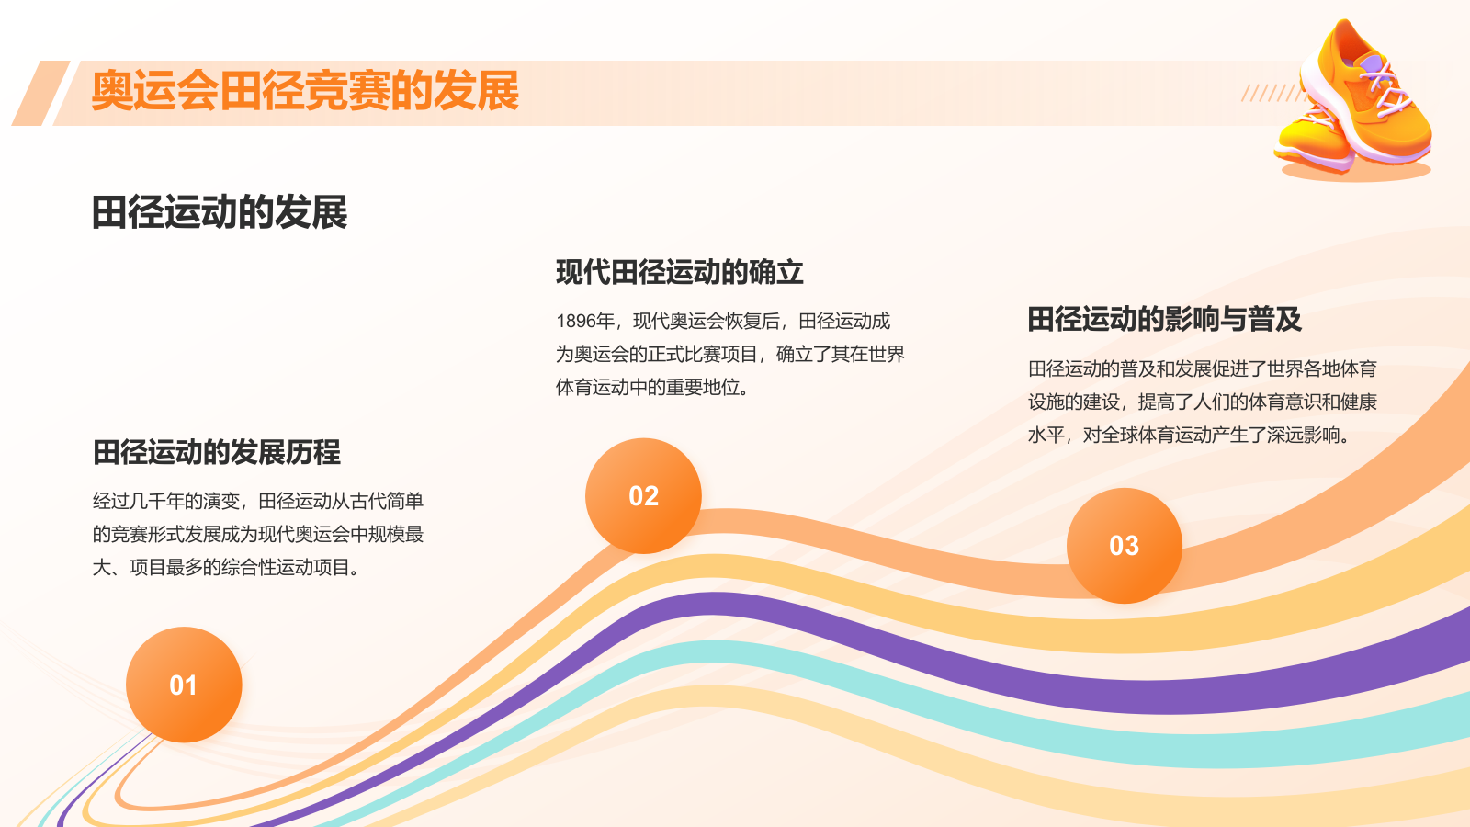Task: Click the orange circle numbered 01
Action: (x=184, y=685)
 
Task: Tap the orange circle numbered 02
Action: (x=643, y=495)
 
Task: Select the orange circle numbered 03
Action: (x=1125, y=546)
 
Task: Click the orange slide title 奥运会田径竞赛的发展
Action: (x=305, y=91)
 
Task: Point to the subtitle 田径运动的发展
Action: (x=220, y=212)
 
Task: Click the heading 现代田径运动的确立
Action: (x=679, y=272)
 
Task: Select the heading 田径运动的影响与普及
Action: (x=1164, y=319)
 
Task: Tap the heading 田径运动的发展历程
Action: (x=217, y=452)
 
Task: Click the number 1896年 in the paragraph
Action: (x=585, y=321)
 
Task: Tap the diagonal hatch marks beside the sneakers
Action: (x=1272, y=93)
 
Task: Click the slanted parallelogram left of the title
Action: (x=40, y=93)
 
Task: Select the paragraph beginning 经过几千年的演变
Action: (x=258, y=534)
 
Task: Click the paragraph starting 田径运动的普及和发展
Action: (x=1203, y=402)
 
